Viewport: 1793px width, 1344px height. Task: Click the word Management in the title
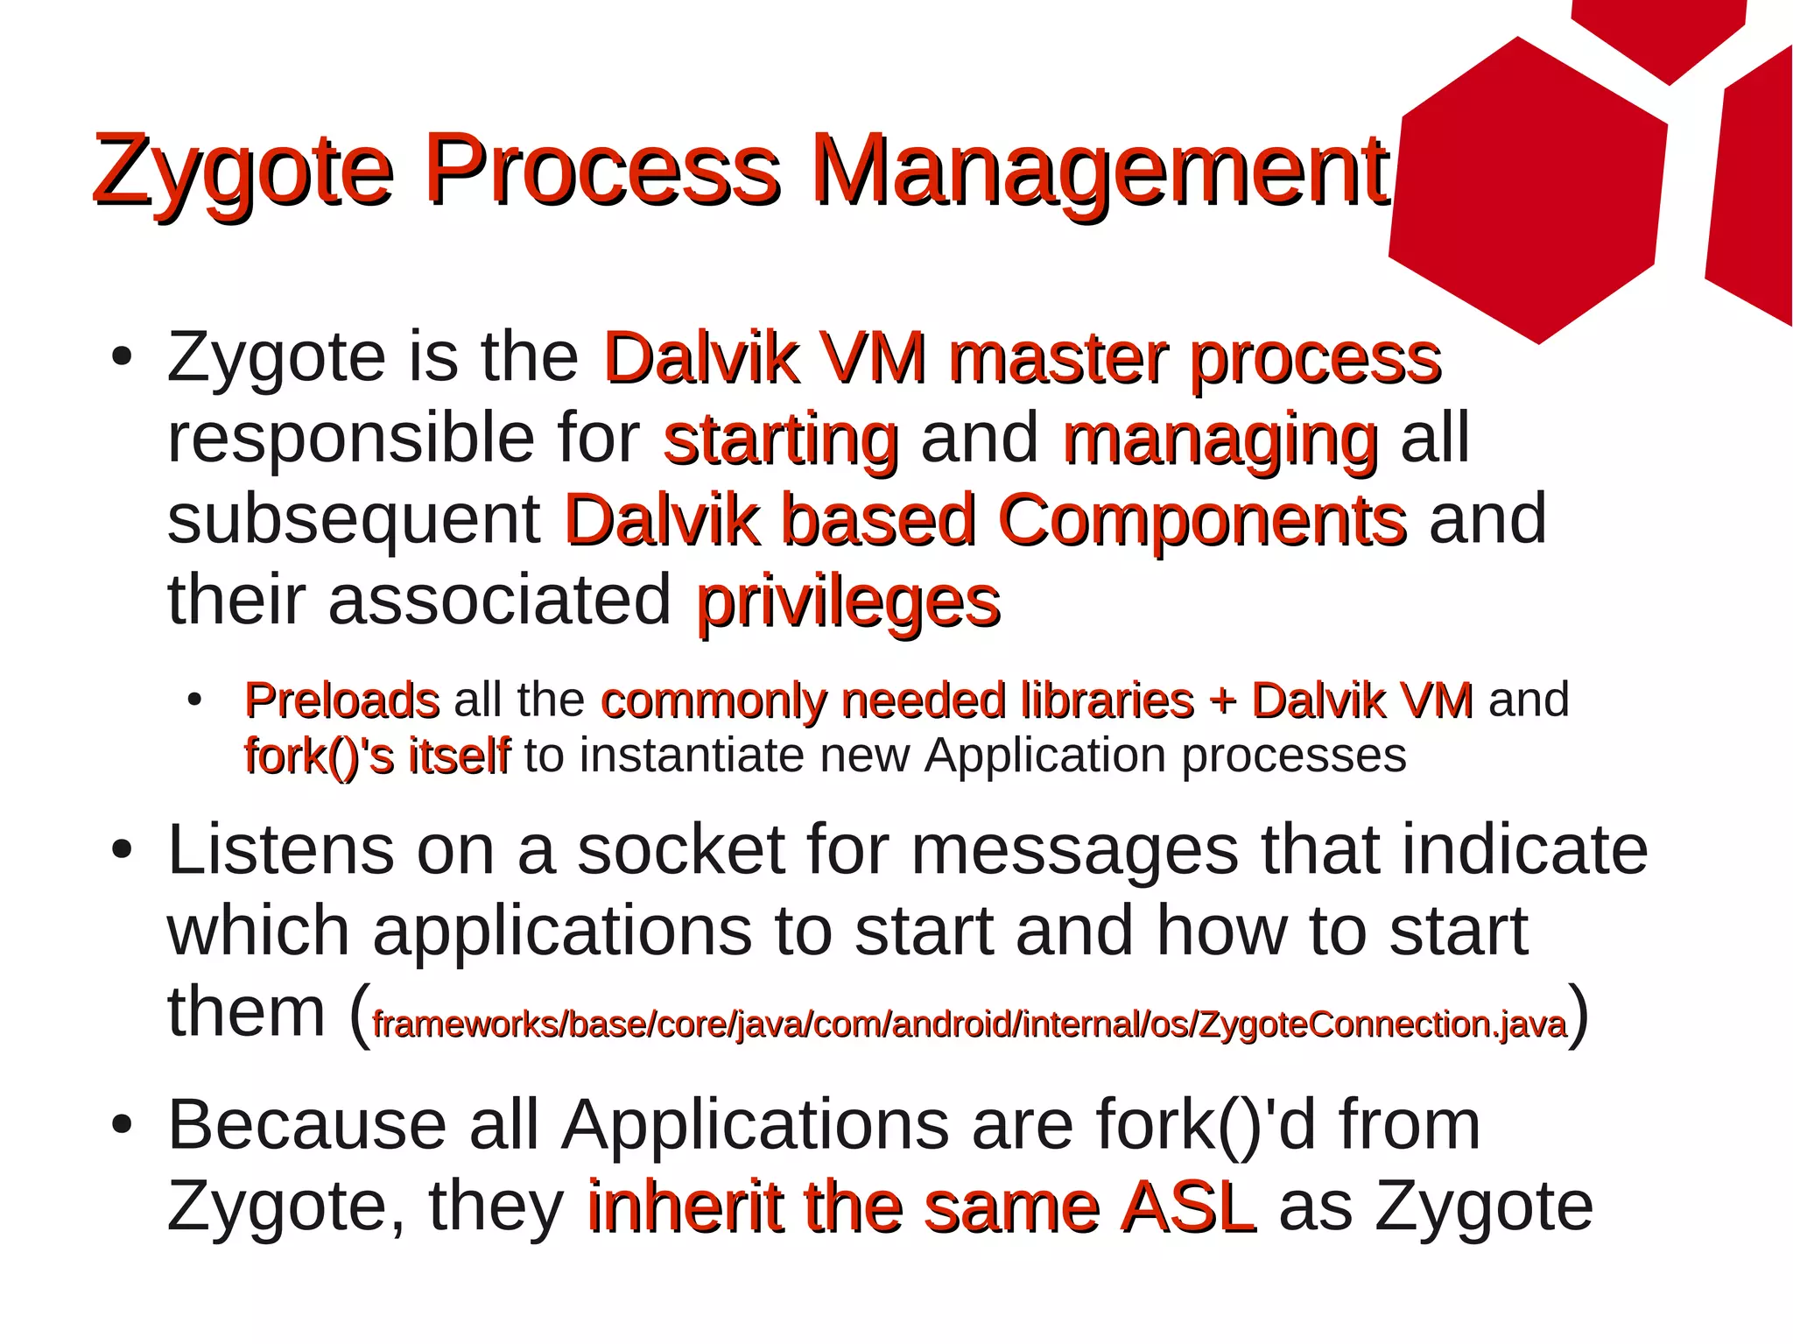point(1099,172)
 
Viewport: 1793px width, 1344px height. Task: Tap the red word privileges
point(847,603)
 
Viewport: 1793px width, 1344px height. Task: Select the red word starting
point(781,440)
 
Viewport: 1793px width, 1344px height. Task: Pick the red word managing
point(1220,440)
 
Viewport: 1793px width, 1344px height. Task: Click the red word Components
point(1202,520)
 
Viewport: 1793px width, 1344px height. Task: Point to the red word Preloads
point(341,700)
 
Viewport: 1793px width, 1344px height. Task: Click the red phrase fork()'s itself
point(376,756)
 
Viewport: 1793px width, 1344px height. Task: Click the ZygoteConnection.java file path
point(968,1024)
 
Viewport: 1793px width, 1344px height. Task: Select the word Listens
point(280,851)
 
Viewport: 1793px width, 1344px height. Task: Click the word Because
point(307,1125)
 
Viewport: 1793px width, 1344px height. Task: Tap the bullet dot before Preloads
point(194,700)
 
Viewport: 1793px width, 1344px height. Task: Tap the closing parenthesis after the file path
point(1578,1016)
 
